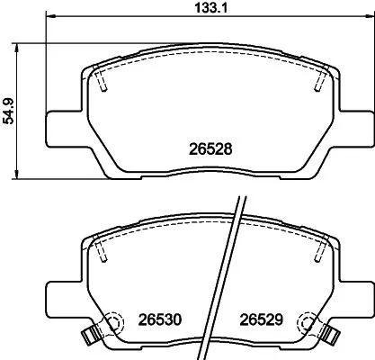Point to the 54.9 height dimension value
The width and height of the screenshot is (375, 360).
click(9, 109)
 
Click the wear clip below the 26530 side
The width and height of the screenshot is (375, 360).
click(89, 339)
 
